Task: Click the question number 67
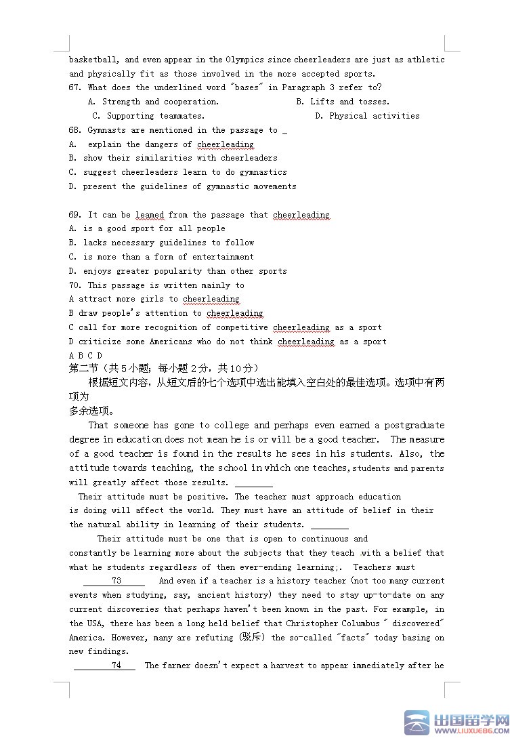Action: pos(74,87)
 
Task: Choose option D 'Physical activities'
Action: pos(374,116)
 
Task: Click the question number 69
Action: pos(74,215)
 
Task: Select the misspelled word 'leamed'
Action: pos(150,215)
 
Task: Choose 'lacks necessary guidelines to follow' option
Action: pos(169,243)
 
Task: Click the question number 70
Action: pos(74,285)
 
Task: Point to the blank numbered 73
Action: pos(116,581)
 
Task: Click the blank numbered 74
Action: pos(116,665)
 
